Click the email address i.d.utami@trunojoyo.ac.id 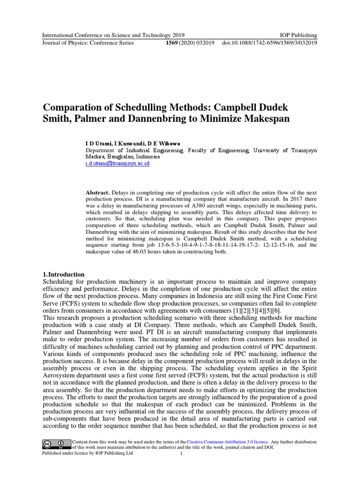(x=117, y=164)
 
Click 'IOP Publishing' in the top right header (x=298, y=35)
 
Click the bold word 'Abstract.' (x=97, y=193)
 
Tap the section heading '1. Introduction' (x=64, y=274)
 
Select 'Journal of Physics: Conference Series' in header (x=88, y=43)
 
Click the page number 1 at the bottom (x=181, y=453)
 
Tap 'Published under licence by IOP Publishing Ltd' (x=88, y=453)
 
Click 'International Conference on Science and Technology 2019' (x=113, y=35)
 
